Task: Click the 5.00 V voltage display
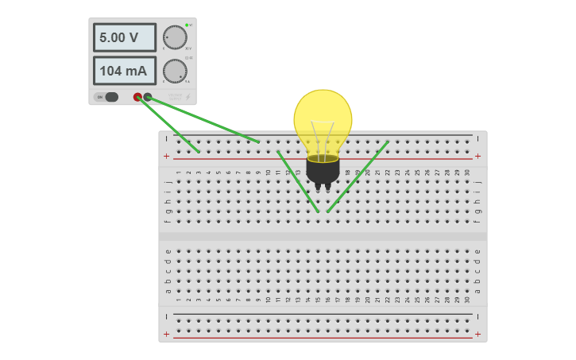click(x=124, y=37)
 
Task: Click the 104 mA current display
click(x=124, y=71)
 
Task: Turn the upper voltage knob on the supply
click(x=174, y=37)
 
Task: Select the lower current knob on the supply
click(x=174, y=71)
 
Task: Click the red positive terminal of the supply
click(x=137, y=97)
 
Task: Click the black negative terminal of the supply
click(x=148, y=97)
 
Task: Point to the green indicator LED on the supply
click(x=187, y=25)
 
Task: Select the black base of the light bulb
click(x=323, y=168)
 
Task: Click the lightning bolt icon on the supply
click(x=188, y=97)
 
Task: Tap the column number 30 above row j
click(x=467, y=172)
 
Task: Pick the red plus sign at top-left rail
click(x=166, y=157)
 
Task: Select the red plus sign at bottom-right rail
click(x=477, y=335)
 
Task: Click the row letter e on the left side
click(x=168, y=251)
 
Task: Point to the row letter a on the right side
click(x=477, y=291)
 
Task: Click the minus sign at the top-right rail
click(x=477, y=137)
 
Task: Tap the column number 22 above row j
click(x=388, y=172)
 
